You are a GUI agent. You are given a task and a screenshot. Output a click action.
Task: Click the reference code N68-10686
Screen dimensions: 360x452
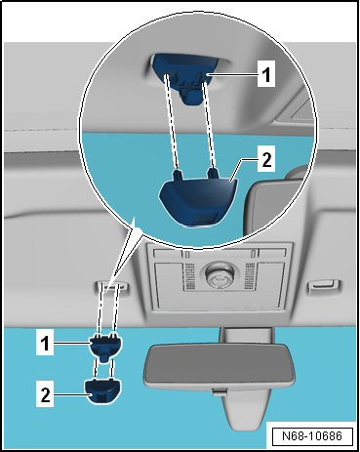point(312,435)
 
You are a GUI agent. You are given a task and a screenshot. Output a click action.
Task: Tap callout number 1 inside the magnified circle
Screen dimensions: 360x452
point(266,73)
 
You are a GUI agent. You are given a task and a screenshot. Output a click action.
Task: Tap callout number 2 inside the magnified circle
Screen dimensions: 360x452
point(266,159)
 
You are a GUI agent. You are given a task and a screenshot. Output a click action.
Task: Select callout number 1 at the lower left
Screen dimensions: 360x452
point(45,344)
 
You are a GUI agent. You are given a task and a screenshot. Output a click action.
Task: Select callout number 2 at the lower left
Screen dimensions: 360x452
point(45,394)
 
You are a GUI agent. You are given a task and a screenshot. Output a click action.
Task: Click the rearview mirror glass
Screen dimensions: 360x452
point(219,365)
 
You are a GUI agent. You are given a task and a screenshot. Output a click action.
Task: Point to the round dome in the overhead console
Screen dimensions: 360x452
point(219,275)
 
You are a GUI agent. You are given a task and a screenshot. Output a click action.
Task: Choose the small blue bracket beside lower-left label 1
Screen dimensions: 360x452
point(106,347)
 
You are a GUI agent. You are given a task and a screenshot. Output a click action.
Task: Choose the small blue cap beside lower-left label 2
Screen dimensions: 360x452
point(102,390)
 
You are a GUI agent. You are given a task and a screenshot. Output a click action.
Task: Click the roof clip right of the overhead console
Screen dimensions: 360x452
point(323,285)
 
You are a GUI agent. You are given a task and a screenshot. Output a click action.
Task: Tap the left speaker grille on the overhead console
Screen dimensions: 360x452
point(189,276)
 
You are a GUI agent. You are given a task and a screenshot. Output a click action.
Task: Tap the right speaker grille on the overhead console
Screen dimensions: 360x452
point(250,276)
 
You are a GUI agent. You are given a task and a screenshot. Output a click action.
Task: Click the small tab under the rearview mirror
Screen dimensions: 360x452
point(220,391)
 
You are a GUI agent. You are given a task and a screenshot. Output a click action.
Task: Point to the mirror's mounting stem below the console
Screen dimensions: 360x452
point(246,336)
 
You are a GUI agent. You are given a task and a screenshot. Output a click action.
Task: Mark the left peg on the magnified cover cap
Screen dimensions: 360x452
point(178,175)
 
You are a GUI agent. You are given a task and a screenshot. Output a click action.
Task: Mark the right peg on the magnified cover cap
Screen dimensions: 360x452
point(214,174)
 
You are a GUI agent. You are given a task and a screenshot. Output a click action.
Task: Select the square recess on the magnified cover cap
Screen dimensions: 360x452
point(205,220)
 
